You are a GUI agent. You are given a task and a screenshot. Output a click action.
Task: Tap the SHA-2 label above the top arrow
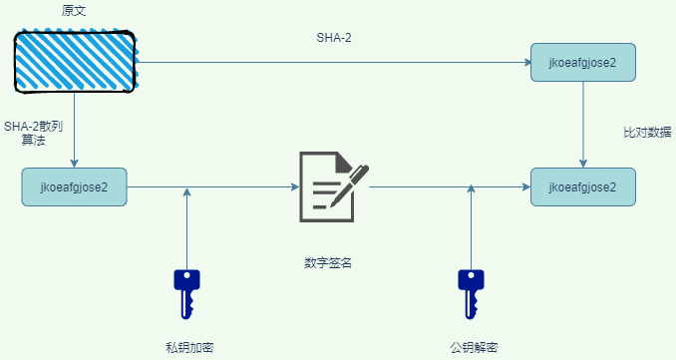click(x=334, y=39)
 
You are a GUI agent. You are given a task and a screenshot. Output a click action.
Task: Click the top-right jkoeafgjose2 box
click(x=583, y=63)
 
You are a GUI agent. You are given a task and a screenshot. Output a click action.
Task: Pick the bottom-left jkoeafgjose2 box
click(x=74, y=186)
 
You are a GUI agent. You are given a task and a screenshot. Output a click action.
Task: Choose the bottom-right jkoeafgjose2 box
click(x=583, y=186)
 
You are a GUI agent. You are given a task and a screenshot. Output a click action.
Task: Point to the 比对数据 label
click(x=646, y=132)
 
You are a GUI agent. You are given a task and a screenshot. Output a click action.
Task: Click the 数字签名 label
click(x=328, y=263)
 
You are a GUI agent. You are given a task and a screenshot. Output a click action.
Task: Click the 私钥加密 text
click(x=189, y=347)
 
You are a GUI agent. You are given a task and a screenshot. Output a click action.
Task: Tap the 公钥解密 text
click(x=474, y=347)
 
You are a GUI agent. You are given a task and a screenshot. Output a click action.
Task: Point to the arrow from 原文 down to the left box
click(x=75, y=130)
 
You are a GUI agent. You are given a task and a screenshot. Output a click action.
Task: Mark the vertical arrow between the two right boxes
click(x=583, y=125)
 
